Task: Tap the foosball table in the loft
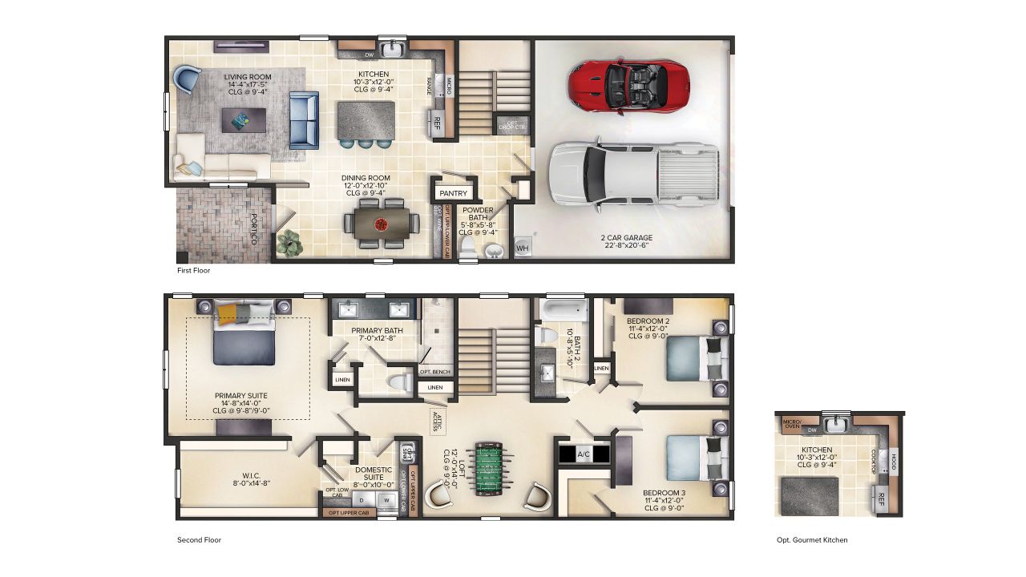[x=491, y=468]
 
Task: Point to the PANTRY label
[x=453, y=193]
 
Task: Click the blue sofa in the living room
[x=303, y=120]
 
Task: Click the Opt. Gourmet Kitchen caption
[x=812, y=540]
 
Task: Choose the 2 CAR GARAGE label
[x=626, y=238]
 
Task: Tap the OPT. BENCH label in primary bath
[x=434, y=372]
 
